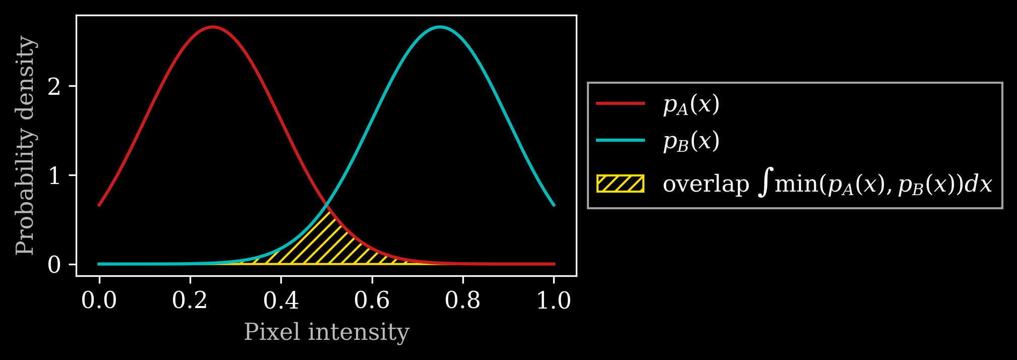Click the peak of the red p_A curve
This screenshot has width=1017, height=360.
click(x=213, y=27)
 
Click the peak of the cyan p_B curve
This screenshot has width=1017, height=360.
click(x=440, y=27)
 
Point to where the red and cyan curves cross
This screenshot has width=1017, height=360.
click(x=327, y=205)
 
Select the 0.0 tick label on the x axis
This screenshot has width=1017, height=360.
click(x=99, y=301)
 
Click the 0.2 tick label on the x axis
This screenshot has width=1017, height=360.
click(x=190, y=301)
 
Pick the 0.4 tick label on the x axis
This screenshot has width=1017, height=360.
click(x=281, y=301)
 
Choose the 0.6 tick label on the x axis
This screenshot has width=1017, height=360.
click(x=372, y=301)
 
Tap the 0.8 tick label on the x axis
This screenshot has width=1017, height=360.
click(x=462, y=301)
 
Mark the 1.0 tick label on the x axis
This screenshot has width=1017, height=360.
click(x=554, y=301)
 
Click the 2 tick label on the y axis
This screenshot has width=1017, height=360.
click(x=54, y=87)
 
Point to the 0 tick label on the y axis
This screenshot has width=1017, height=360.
click(x=54, y=265)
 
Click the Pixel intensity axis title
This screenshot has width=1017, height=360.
click(x=326, y=332)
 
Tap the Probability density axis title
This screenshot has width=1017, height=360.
click(x=25, y=146)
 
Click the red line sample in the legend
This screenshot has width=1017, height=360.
click(x=620, y=103)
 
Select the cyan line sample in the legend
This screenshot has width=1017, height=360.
click(x=620, y=140)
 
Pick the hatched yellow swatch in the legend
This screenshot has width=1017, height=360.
click(x=620, y=184)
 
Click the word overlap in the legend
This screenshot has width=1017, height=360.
click(x=706, y=184)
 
